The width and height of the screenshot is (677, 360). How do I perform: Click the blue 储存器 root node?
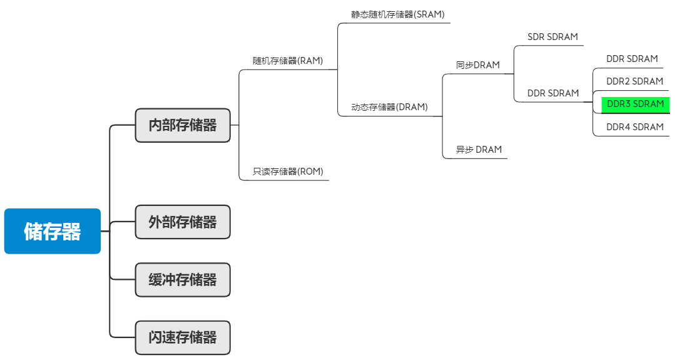point(53,231)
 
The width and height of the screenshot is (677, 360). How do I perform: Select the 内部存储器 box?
point(183,125)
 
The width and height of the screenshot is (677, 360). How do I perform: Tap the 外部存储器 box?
point(183,222)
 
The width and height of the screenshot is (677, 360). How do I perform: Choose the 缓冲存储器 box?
point(183,280)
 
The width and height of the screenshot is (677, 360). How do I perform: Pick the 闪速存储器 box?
point(183,338)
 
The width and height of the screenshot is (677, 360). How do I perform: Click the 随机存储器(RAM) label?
point(288,61)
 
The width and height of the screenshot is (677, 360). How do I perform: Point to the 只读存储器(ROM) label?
point(288,172)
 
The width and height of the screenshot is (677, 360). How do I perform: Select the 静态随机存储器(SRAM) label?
point(398,14)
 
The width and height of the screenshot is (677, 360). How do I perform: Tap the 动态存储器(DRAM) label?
point(389,107)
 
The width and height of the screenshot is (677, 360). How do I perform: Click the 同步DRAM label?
point(478,65)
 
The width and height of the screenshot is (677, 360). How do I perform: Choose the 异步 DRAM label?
point(479,150)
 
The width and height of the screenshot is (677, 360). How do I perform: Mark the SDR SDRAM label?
point(552,37)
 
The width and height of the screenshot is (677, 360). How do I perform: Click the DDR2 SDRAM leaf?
point(634,81)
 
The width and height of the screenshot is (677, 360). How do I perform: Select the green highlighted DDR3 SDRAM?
point(635,104)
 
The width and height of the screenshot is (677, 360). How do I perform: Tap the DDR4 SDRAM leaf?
point(634,127)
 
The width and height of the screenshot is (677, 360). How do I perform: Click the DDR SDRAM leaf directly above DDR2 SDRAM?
point(632,59)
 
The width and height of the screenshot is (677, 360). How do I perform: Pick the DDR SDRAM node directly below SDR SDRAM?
point(553,93)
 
